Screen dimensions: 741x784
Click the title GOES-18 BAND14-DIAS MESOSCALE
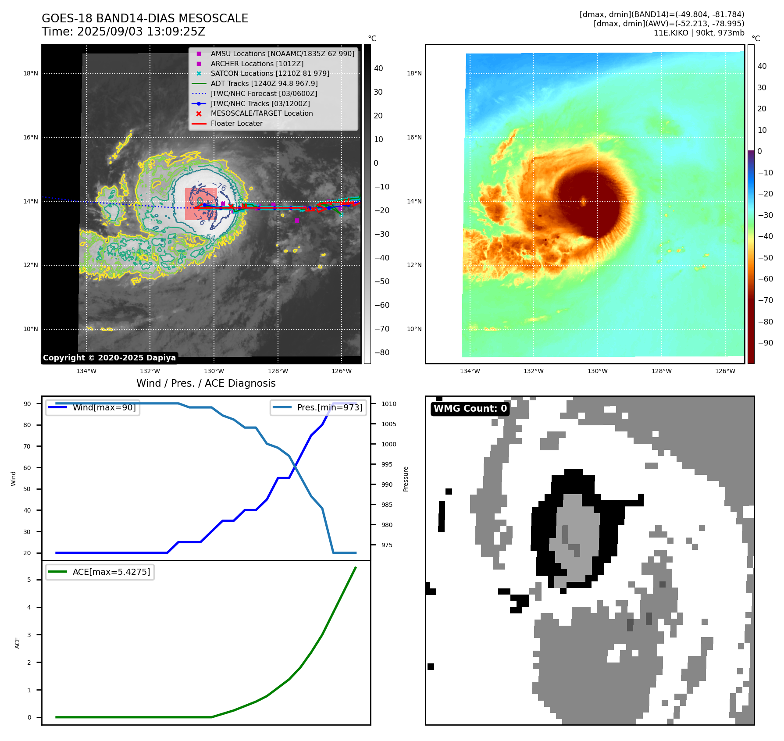coord(145,18)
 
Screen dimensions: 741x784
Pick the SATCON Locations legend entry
coord(270,74)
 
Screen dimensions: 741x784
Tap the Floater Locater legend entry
coord(236,124)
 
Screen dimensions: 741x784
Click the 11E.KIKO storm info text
coord(698,33)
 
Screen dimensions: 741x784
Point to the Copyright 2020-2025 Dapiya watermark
coord(109,358)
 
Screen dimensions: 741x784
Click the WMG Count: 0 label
coord(470,409)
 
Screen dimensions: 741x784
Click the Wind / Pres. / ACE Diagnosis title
coord(206,383)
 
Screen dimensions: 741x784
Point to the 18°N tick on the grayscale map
coord(31,74)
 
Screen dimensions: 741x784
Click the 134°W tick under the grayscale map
coord(86,371)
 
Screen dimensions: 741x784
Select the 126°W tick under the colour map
coord(725,371)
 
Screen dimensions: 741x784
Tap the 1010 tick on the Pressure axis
coord(388,404)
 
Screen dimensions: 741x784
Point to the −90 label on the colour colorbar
coord(765,343)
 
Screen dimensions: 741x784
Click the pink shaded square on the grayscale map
coord(201,204)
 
